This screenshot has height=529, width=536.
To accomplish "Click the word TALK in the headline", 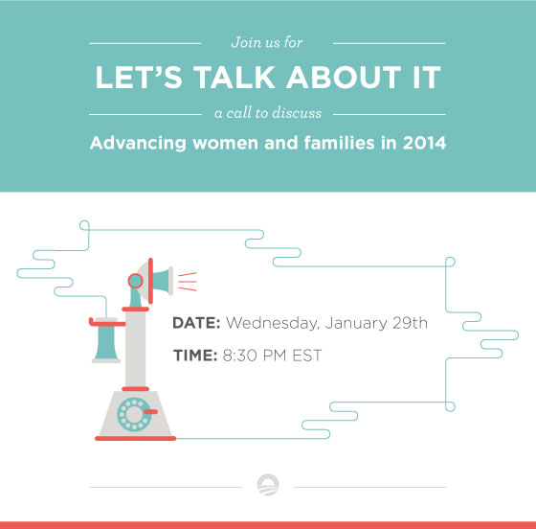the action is tap(234, 78).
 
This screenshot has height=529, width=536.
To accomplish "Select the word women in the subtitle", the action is tap(225, 143).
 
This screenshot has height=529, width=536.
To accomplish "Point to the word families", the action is tap(340, 143).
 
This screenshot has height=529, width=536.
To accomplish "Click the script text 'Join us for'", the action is tap(267, 42).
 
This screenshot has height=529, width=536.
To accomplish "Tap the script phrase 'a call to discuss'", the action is tap(268, 113).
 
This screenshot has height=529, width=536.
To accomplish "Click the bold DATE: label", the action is tap(196, 323).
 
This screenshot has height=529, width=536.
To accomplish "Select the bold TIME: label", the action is tap(195, 356).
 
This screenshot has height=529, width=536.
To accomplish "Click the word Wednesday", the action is tap(273, 324).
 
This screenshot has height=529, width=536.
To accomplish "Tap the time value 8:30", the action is tap(240, 356).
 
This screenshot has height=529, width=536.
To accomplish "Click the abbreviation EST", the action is tap(307, 356).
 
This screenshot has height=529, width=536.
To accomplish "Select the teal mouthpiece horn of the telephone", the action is tap(161, 282).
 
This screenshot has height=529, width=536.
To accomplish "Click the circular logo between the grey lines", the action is tap(268, 485).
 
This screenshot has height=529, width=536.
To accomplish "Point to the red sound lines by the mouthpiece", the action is tap(188, 282).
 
